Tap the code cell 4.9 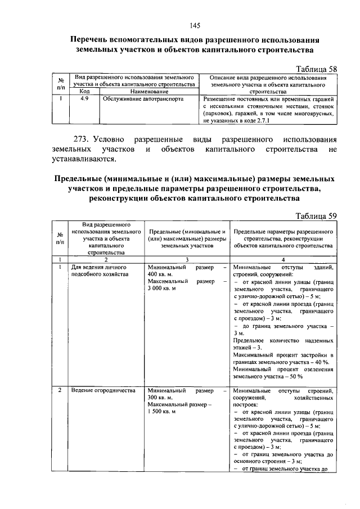(x=84, y=97)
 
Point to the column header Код (x=84, y=91)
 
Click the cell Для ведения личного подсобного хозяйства (x=97, y=271)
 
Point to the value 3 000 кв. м (x=161, y=288)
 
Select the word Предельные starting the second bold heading (x=79, y=179)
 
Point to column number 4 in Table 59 (x=283, y=259)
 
